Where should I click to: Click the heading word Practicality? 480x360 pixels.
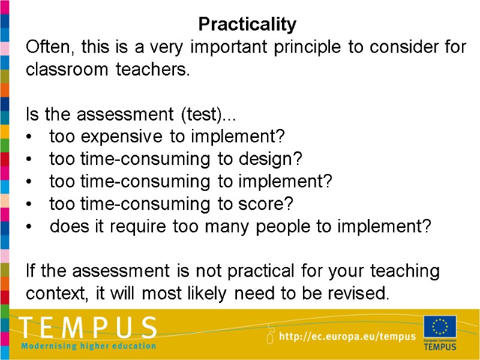[x=247, y=25]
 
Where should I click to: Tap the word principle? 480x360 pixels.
[x=310, y=47]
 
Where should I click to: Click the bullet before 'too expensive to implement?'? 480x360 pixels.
[x=30, y=137]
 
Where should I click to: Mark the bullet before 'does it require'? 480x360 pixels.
[x=30, y=227]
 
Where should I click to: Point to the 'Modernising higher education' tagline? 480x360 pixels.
[x=88, y=346]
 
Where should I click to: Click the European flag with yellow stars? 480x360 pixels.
[x=440, y=327]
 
